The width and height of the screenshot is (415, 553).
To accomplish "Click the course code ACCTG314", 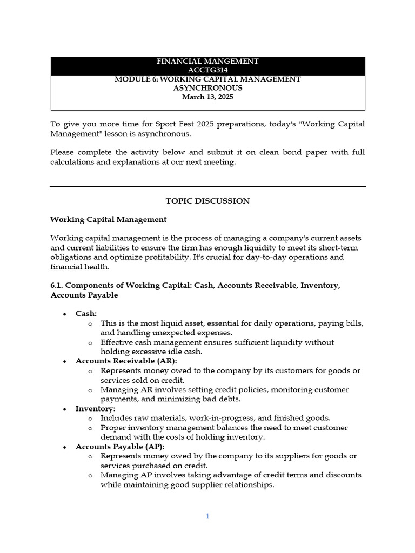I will click(x=207, y=70).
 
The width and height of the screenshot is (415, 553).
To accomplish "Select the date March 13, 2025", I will click(x=207, y=97).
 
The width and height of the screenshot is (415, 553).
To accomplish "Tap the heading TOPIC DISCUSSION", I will click(x=207, y=201).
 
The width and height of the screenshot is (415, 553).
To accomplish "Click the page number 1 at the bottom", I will click(x=207, y=516).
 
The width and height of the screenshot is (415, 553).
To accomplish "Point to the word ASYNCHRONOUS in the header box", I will click(x=207, y=88).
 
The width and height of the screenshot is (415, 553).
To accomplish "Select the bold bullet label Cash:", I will click(x=86, y=314).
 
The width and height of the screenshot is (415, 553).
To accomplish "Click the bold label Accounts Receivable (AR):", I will click(x=126, y=361).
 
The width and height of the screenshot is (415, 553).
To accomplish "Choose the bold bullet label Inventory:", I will click(x=95, y=408).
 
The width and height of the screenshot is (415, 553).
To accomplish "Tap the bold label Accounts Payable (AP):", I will click(x=120, y=447).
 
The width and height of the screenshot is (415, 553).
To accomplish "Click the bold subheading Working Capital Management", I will click(x=108, y=220).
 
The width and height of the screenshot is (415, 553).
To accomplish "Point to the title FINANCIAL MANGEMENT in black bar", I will click(x=207, y=61).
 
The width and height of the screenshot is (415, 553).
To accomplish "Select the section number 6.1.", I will click(x=57, y=285).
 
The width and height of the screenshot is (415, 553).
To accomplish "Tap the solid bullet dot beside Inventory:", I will click(x=65, y=409).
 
